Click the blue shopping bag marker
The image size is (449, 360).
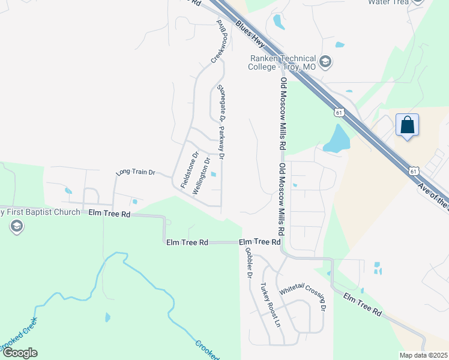pos(407,126)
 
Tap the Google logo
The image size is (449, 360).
pos(19,353)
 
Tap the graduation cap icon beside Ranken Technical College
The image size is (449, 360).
pos(325,61)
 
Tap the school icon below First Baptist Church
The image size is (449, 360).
pos(16,226)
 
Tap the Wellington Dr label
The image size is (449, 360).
pos(202,176)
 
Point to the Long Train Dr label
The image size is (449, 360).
pos(136,172)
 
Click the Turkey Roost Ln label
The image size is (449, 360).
pos(270,304)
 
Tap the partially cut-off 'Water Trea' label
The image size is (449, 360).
pos(388,2)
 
